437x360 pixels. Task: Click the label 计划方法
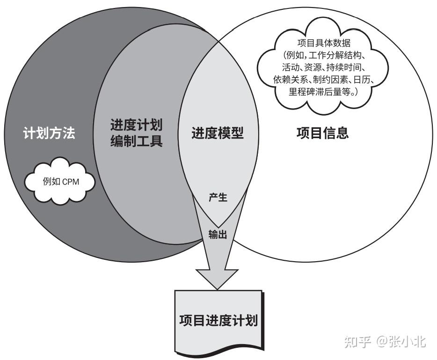coord(49,133)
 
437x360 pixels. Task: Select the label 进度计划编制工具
coord(136,133)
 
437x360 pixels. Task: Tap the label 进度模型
coord(218,133)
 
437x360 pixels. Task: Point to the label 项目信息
coord(322,133)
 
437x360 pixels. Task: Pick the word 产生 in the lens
coord(218,197)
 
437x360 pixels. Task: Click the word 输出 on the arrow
coord(218,235)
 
